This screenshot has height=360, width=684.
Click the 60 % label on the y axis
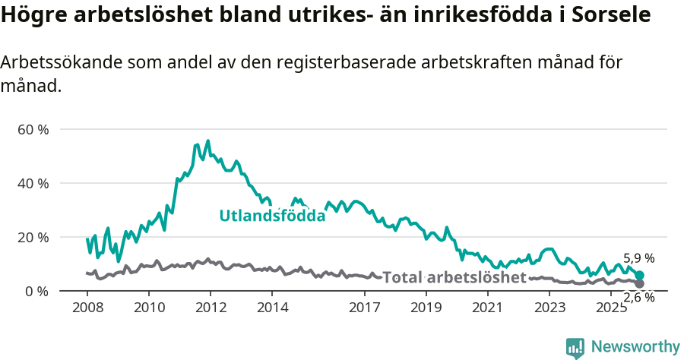pos(33,130)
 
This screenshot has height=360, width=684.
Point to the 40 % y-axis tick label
pos(33,184)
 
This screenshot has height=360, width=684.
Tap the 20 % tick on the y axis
pos(33,238)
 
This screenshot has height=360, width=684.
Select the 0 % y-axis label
pos(36,292)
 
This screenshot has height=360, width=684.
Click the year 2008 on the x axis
pos(87,308)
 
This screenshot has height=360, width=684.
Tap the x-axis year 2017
pos(365,308)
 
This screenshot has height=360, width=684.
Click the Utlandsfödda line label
pos(272,216)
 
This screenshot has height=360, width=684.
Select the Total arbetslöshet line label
pos(454,277)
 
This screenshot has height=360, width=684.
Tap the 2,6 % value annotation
pos(638,298)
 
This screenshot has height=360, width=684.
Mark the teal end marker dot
pos(639,275)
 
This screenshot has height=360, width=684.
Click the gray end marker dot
pos(639,283)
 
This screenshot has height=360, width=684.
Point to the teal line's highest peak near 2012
pos(208,141)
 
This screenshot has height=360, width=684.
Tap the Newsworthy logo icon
pos(575,347)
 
